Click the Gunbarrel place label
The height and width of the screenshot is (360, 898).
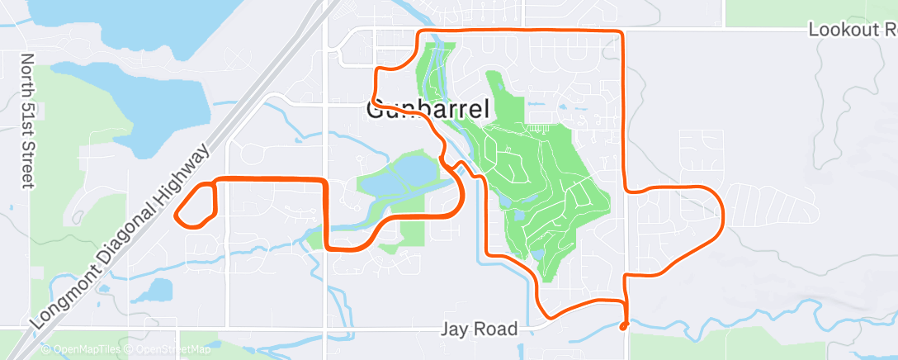428,109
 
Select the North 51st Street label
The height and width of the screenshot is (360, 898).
27,121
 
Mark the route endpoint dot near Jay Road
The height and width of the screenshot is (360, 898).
623,325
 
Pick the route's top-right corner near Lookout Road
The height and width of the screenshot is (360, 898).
621,32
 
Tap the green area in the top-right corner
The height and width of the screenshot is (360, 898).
809,10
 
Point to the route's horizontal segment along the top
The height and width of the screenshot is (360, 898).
520,30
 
